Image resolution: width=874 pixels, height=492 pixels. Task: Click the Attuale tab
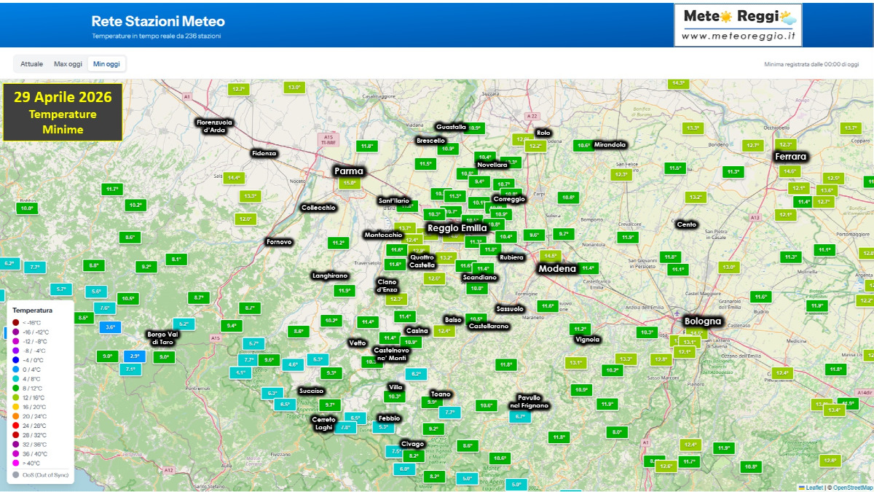coord(31,64)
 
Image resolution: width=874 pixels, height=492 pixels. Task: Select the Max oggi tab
coord(68,64)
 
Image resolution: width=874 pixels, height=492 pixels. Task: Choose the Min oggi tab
coord(106,64)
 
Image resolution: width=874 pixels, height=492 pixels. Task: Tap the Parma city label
coord(348,171)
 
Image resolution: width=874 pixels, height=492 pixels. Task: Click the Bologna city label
coord(702,321)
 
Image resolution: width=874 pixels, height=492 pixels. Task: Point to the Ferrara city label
coord(790,157)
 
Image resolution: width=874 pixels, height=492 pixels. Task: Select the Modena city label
coord(557,269)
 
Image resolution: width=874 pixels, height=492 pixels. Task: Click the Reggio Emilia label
coord(457,228)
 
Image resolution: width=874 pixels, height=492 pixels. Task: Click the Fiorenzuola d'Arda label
coord(214,125)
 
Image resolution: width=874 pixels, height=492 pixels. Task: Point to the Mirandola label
coord(610,144)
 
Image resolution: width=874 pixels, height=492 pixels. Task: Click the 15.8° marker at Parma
coord(349,183)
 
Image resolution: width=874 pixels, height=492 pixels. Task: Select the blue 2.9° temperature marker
coord(135,356)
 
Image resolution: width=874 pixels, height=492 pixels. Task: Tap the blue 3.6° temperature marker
coord(111,327)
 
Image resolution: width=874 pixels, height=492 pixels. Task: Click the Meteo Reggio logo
coord(737,25)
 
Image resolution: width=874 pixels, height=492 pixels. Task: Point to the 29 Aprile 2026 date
coord(63,97)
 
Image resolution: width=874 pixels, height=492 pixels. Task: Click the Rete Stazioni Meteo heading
coord(158,22)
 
